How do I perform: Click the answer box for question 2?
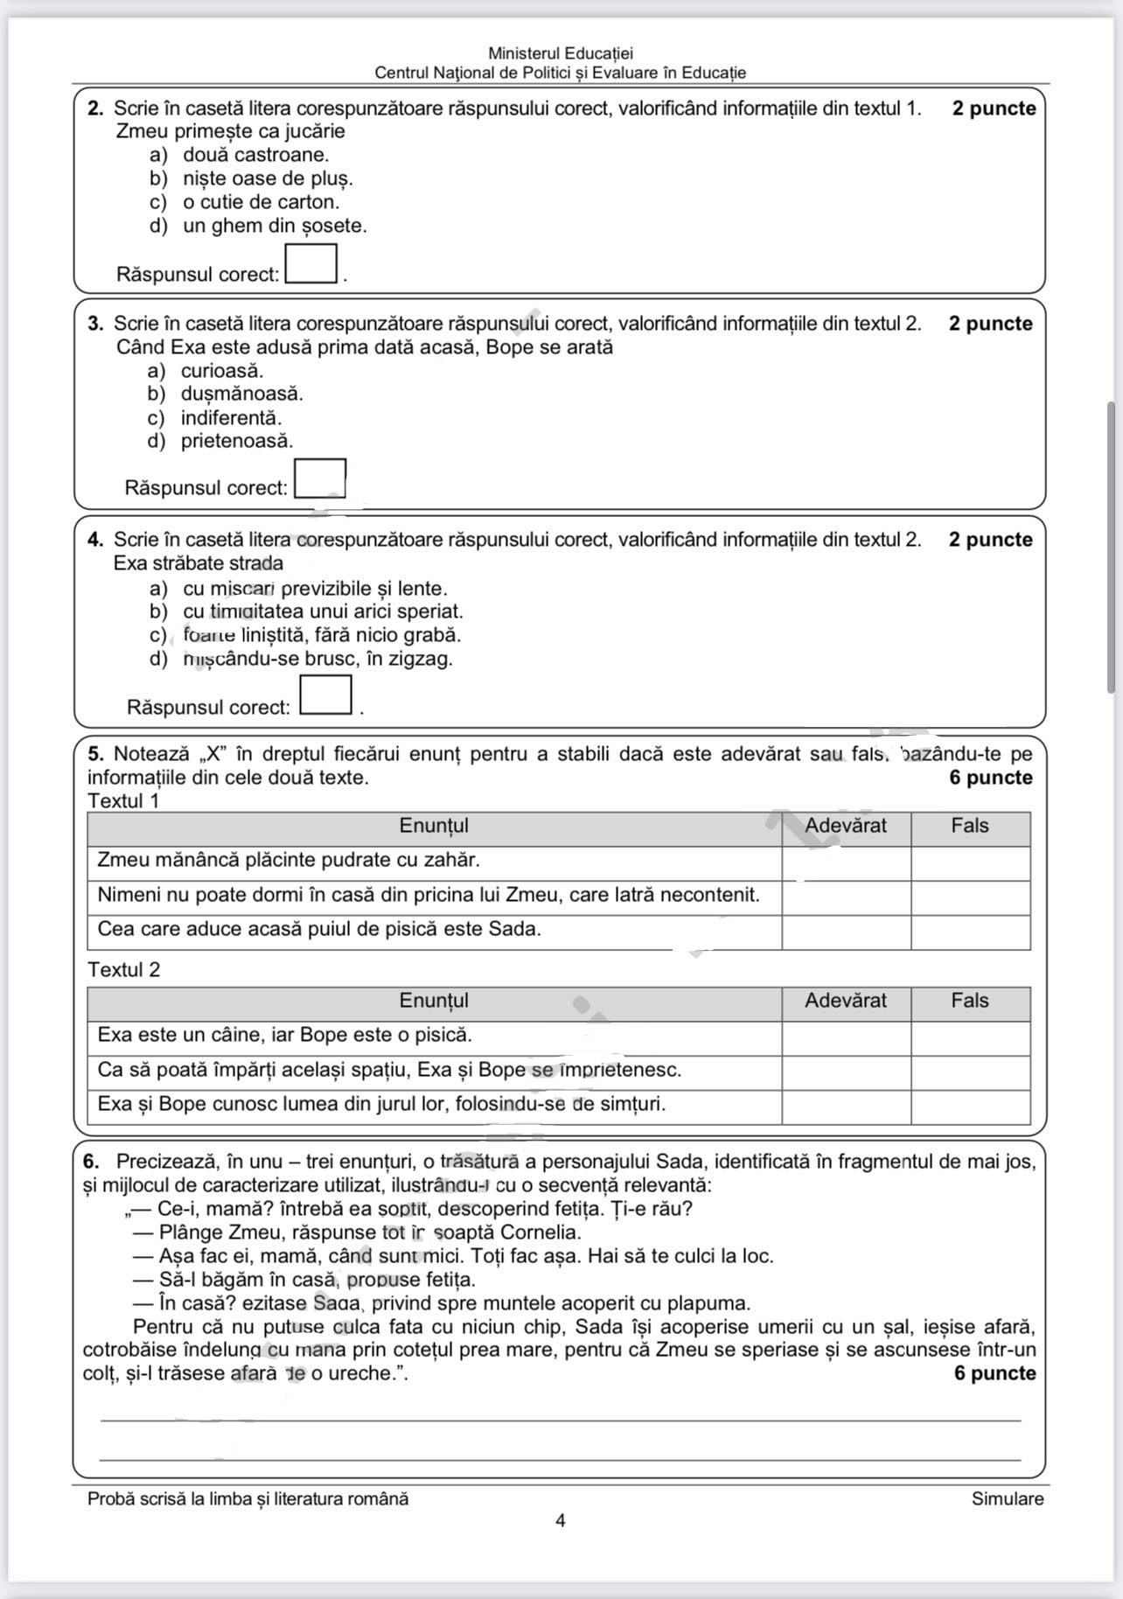(x=311, y=264)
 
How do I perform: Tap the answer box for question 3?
(x=320, y=478)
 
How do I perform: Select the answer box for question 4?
(x=326, y=695)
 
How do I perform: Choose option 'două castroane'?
(x=255, y=155)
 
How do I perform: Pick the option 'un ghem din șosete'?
(x=275, y=226)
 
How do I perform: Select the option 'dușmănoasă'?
(x=241, y=394)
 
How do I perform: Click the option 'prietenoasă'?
(x=237, y=441)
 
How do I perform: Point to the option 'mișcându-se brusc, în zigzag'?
(x=317, y=659)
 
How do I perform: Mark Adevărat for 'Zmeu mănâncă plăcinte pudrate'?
(x=846, y=863)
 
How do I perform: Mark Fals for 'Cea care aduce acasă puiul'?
(x=970, y=932)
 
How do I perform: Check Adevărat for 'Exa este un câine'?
(x=846, y=1038)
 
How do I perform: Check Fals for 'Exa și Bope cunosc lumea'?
(x=970, y=1107)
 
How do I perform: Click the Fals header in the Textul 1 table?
(x=970, y=826)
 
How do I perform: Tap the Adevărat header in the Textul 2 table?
(x=846, y=1001)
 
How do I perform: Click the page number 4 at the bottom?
(x=561, y=1521)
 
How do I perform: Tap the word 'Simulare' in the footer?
(x=1008, y=1499)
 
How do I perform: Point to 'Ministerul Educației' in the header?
(x=561, y=54)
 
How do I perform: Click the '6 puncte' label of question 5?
(x=991, y=778)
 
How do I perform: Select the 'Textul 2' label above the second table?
(x=124, y=970)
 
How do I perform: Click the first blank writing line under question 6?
(x=561, y=1420)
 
